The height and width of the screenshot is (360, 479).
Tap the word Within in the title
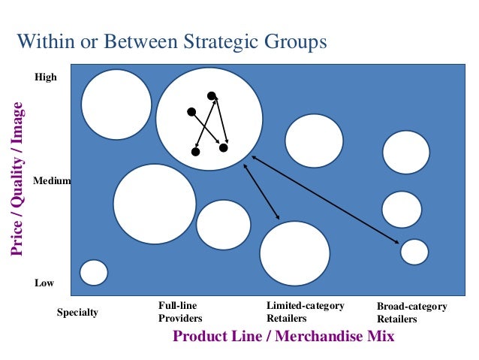(44, 41)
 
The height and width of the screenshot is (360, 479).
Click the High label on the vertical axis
(46, 77)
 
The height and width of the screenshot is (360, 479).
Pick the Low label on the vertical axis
(44, 283)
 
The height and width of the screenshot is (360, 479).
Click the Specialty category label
(77, 312)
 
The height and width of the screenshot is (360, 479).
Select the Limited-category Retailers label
(305, 312)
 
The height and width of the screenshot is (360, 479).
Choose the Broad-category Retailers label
(411, 313)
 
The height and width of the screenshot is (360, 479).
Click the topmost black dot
(212, 96)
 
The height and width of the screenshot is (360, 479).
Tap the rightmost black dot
(224, 147)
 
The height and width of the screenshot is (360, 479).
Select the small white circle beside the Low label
(94, 272)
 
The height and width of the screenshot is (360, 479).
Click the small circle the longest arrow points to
(414, 252)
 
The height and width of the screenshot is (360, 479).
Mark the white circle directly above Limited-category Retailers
(294, 253)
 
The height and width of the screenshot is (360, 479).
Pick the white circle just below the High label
(116, 104)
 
